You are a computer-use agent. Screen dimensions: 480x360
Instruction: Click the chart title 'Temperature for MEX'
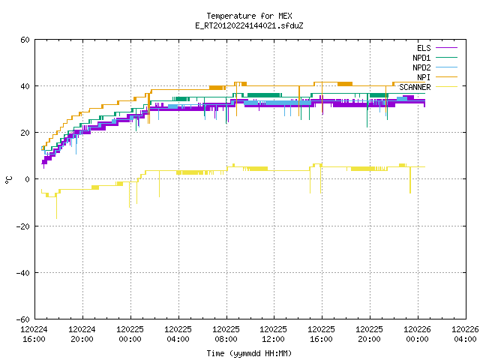pos(249,16)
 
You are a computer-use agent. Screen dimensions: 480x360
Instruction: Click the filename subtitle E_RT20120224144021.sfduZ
pos(249,25)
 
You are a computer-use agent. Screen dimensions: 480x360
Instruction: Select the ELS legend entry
pos(436,48)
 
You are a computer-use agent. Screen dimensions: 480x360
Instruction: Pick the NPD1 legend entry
pos(435,58)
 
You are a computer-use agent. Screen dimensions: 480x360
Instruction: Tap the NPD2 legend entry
pos(435,67)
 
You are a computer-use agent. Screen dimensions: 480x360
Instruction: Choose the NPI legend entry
pos(436,77)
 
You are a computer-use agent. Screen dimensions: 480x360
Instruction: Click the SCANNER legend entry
pos(428,87)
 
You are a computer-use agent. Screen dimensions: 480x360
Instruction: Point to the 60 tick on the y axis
pos(25,40)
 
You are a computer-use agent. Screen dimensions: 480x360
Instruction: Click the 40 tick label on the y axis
pos(25,86)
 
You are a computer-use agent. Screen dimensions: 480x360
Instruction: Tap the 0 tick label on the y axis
pos(27,179)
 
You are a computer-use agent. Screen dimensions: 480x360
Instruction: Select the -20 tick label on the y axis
pos(23,226)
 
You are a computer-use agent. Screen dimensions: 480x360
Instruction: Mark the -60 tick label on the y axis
pos(23,319)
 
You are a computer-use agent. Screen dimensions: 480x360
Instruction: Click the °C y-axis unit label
pos(9,180)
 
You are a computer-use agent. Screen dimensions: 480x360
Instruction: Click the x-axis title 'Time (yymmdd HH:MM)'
pos(249,353)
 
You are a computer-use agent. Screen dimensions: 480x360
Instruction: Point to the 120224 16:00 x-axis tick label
pos(34,334)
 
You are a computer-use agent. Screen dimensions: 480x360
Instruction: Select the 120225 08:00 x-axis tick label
pos(226,334)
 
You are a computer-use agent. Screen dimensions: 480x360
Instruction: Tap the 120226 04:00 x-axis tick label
pos(465,334)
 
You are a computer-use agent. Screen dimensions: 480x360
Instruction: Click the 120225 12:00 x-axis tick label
pos(273,334)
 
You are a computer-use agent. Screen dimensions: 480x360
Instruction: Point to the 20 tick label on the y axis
pos(25,133)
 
